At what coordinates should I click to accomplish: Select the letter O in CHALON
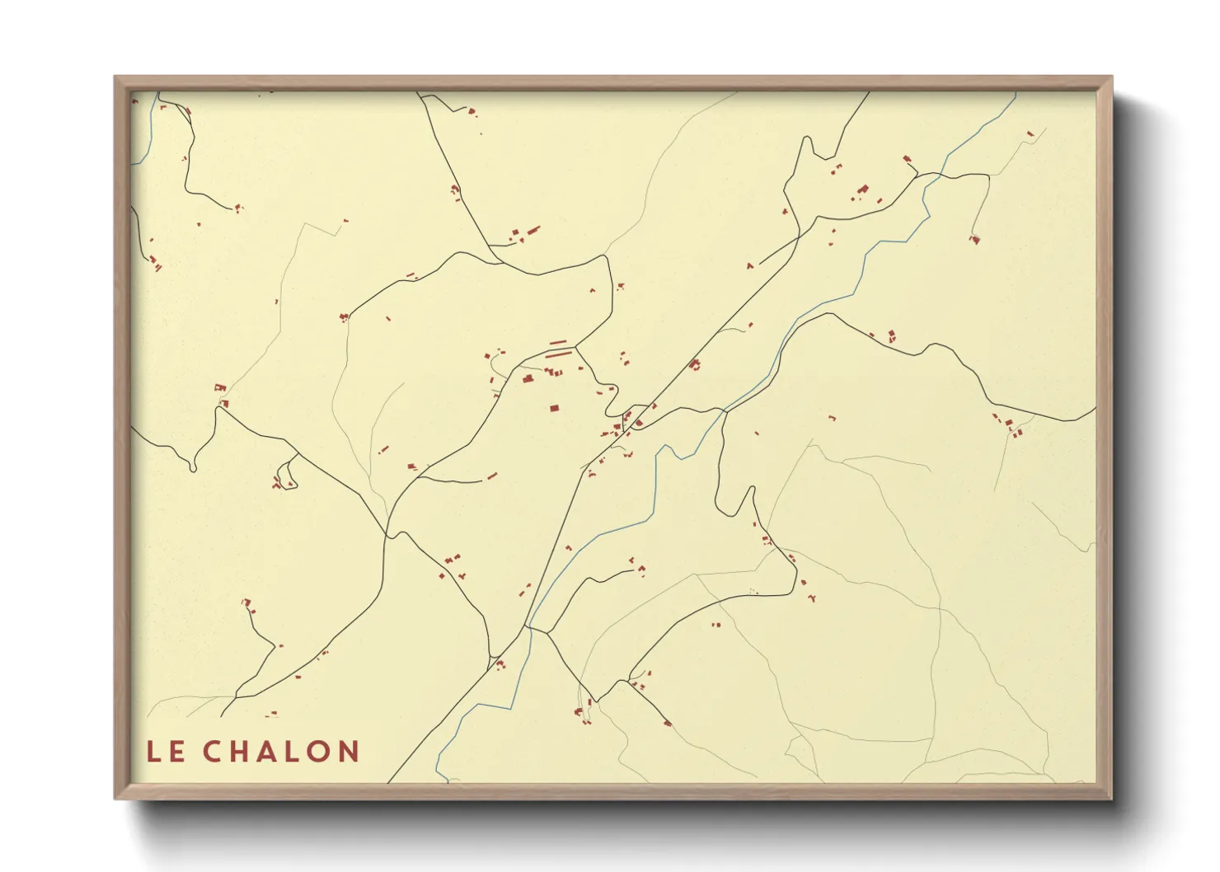click(x=317, y=752)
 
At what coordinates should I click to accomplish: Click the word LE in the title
click(x=166, y=752)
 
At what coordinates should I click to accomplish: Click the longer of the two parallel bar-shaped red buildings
click(x=558, y=354)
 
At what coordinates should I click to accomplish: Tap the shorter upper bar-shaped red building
click(x=558, y=342)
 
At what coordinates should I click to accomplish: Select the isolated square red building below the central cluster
click(x=555, y=407)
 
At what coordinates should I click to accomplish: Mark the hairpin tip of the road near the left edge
click(x=193, y=469)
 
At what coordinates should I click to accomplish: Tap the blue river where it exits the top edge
click(x=1015, y=95)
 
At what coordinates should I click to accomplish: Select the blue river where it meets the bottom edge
click(x=443, y=778)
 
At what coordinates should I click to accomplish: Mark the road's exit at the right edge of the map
click(x=1094, y=408)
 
